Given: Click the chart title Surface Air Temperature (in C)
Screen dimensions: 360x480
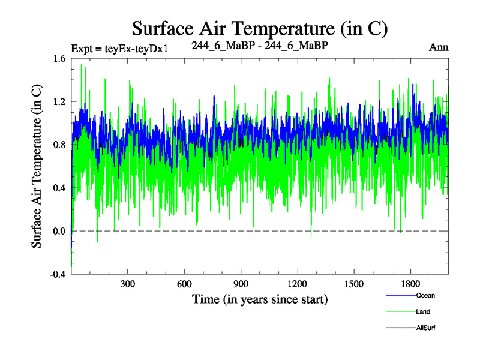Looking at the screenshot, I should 260,28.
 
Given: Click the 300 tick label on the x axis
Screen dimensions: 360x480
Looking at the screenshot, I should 128,284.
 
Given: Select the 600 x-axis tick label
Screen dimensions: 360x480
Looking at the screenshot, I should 184,284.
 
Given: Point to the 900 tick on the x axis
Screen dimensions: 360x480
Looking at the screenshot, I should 241,284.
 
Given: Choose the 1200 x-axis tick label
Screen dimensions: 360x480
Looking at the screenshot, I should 297,284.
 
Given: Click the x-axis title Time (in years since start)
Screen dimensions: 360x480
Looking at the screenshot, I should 260,298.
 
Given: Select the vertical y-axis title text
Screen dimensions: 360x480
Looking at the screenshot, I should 37,166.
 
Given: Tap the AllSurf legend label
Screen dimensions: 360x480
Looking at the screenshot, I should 425,328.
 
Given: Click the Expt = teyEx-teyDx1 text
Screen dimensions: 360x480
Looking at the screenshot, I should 119,48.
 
